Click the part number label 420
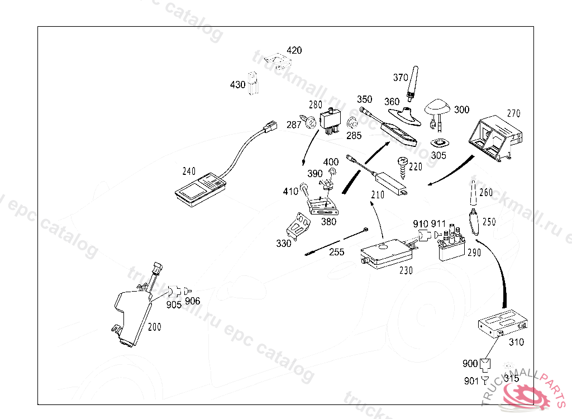coord(294,50)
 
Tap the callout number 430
coord(237,85)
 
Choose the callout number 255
coord(336,252)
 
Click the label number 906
coord(192,301)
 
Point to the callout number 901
coord(471,381)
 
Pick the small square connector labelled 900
coord(484,365)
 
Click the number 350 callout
coord(365,99)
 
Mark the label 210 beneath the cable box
coord(378,195)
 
